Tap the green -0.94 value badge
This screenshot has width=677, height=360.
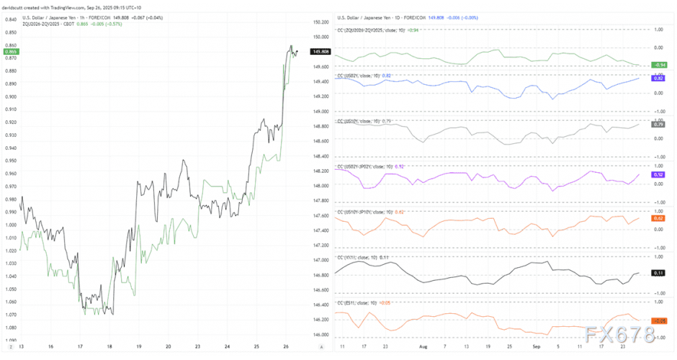[x=660, y=65]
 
